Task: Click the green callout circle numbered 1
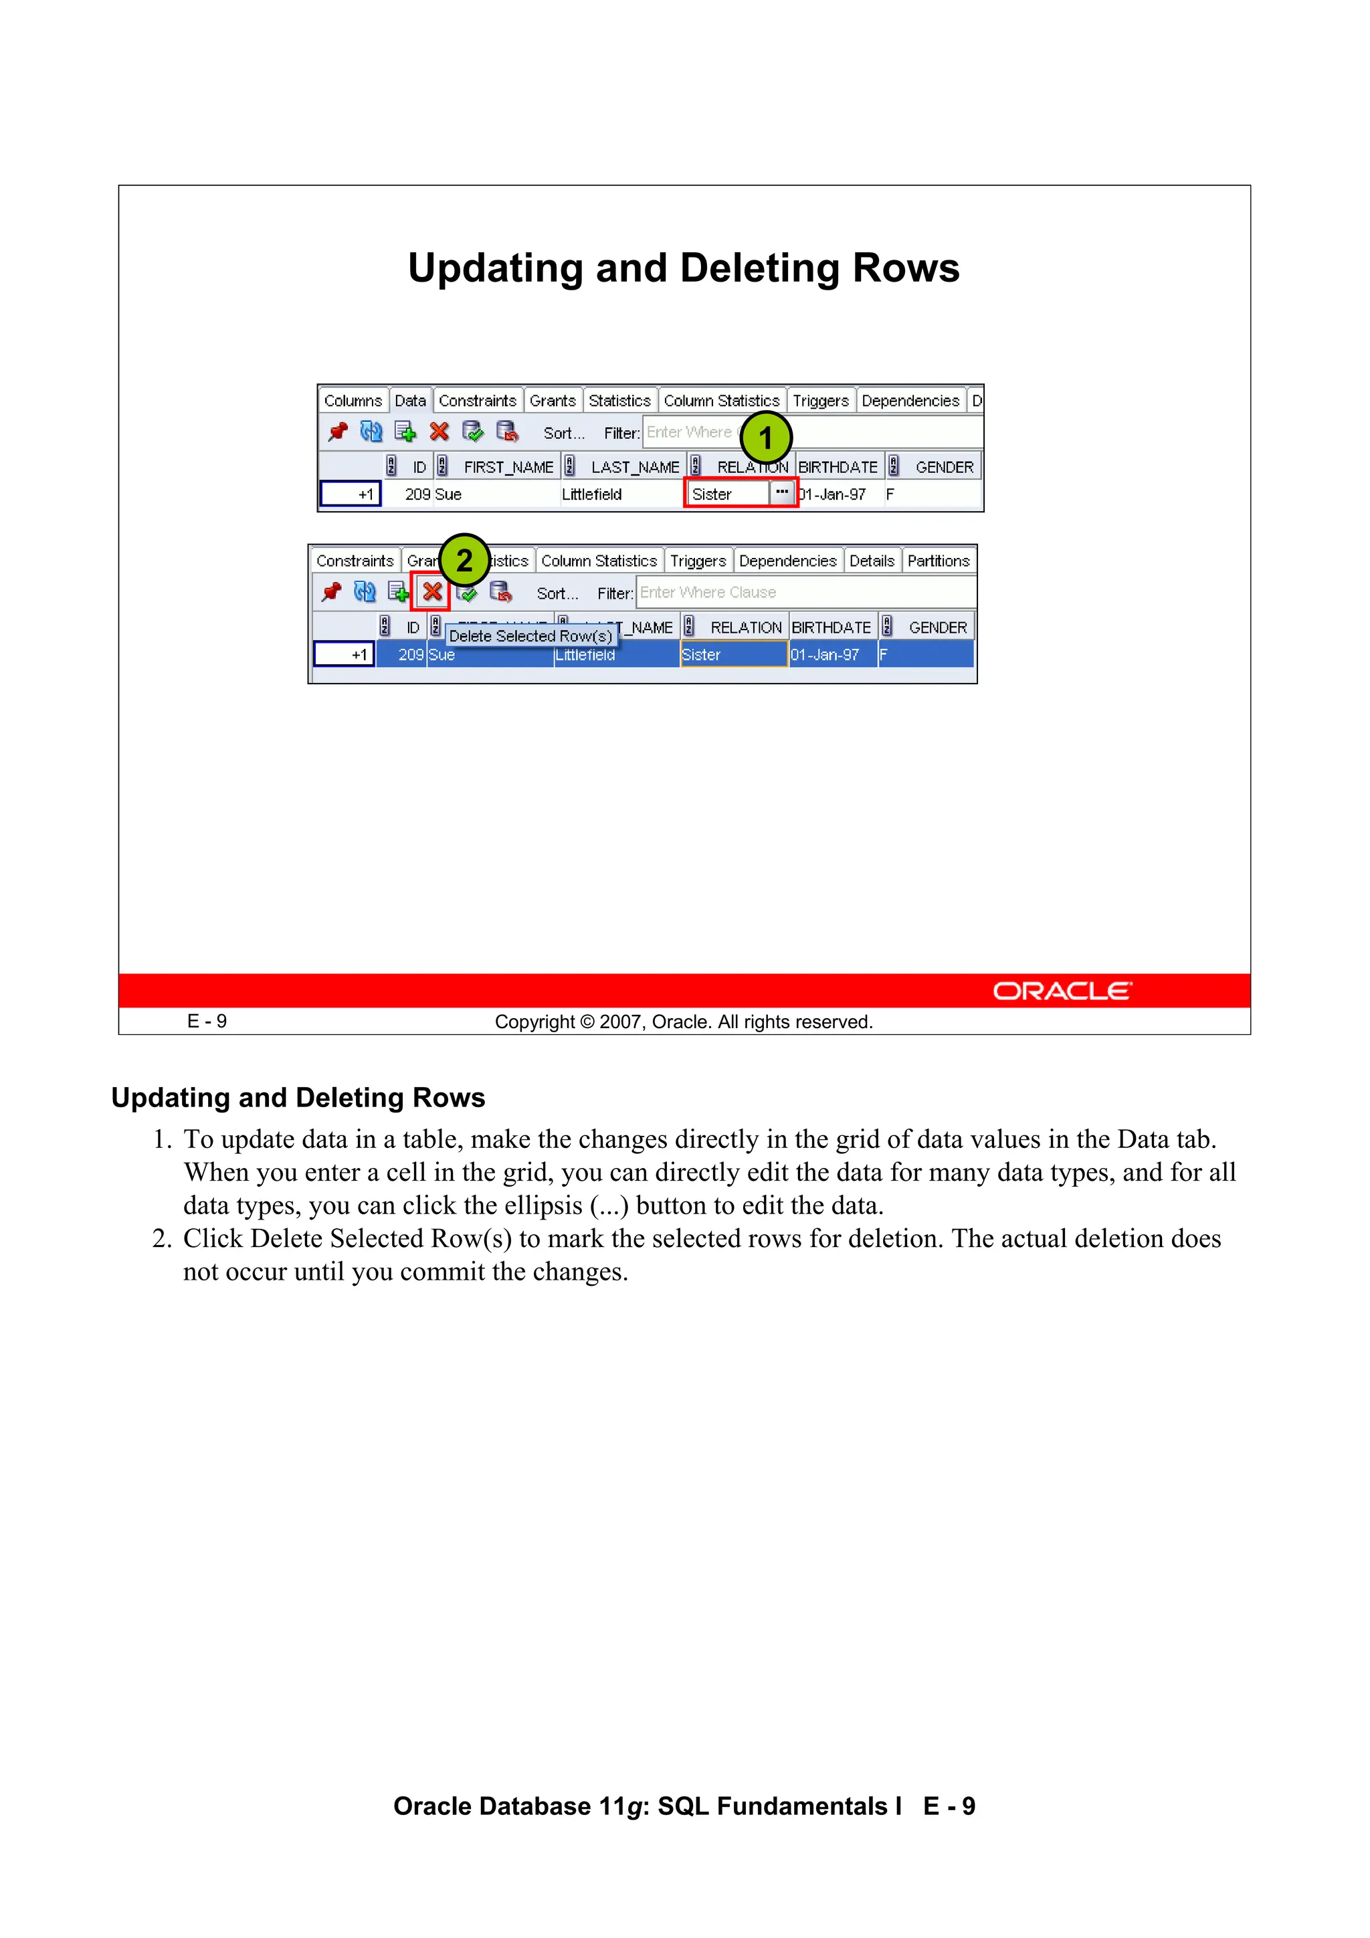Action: pyautogui.click(x=766, y=438)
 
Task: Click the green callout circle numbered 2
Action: pyautogui.click(x=464, y=560)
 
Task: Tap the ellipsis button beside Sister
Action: pyautogui.click(x=781, y=492)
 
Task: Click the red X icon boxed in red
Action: pyautogui.click(x=432, y=591)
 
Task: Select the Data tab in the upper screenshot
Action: pyautogui.click(x=410, y=401)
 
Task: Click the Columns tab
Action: pyautogui.click(x=353, y=401)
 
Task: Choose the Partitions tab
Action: pyautogui.click(x=938, y=561)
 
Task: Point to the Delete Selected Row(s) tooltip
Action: pyautogui.click(x=530, y=636)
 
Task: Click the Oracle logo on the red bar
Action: pyautogui.click(x=1062, y=991)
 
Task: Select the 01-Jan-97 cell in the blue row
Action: pyautogui.click(x=825, y=655)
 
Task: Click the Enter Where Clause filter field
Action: pyautogui.click(x=802, y=593)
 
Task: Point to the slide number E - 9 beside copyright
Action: pyautogui.click(x=207, y=1022)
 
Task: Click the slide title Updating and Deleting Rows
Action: pyautogui.click(x=684, y=268)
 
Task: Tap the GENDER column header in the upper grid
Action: pyautogui.click(x=944, y=468)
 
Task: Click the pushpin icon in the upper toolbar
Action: pyautogui.click(x=338, y=432)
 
